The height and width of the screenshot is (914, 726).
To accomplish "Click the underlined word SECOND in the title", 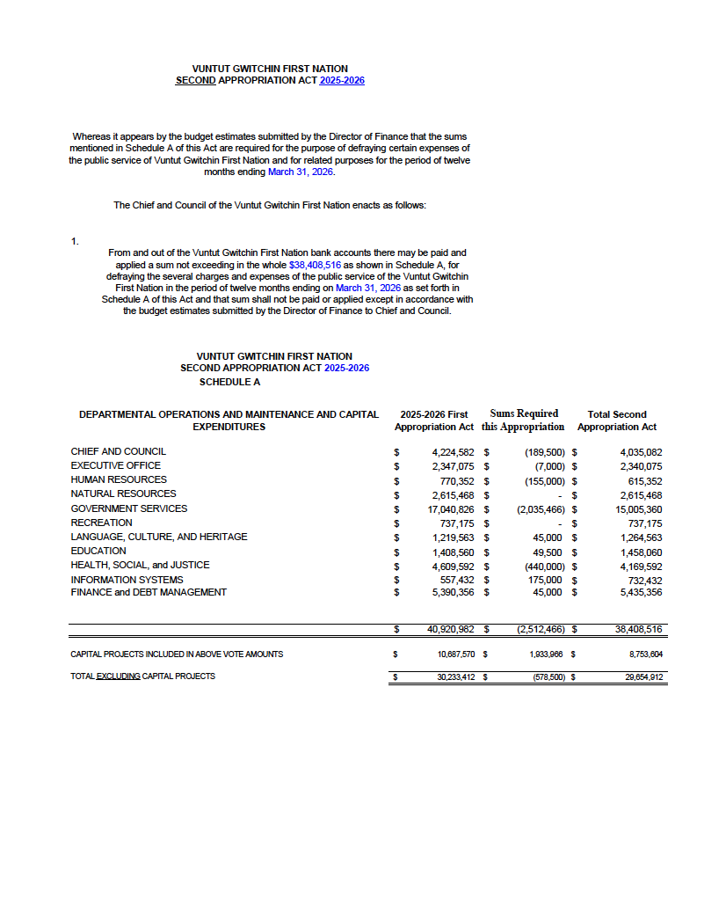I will [x=196, y=80].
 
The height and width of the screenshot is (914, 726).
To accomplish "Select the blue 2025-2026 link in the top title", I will [x=342, y=80].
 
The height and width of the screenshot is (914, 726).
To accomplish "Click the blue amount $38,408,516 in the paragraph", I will [x=315, y=264].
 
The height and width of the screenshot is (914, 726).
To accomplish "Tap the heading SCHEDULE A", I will [x=229, y=383].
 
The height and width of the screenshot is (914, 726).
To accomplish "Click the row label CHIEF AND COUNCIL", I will [x=118, y=451].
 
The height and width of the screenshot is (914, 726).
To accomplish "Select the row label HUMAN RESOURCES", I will [x=119, y=479].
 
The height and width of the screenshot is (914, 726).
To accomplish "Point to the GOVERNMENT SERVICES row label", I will [x=128, y=508].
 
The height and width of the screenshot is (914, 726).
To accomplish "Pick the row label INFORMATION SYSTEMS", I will [x=127, y=580].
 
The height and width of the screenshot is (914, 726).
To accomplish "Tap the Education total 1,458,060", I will [x=641, y=551].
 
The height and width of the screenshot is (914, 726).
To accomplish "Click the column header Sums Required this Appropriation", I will [x=523, y=420].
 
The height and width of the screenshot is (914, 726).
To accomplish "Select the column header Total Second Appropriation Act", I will [x=616, y=420].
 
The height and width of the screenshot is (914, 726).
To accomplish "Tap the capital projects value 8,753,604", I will [x=643, y=654].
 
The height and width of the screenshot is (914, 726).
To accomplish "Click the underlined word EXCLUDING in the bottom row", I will [x=118, y=676].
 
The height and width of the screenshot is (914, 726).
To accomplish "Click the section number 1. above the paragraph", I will [x=76, y=241].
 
